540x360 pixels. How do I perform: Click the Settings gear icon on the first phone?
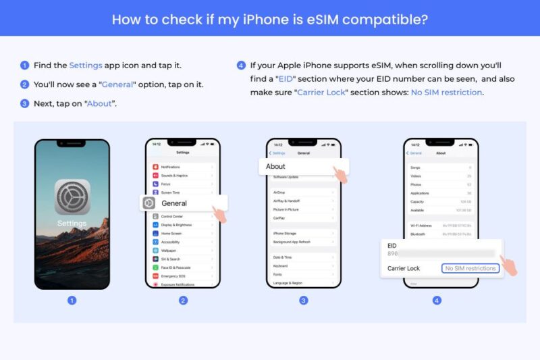pos(72,197)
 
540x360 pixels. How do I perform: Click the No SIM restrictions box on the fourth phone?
pos(471,268)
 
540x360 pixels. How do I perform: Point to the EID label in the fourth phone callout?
pos(392,245)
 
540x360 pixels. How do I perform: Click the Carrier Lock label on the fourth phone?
pos(404,268)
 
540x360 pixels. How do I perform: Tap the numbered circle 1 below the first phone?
pos(72,300)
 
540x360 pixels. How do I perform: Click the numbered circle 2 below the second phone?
pos(183,300)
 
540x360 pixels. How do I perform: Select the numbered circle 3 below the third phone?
pos(304,300)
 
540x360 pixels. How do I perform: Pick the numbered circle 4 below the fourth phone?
pos(437,300)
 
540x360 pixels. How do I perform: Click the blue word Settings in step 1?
pos(86,66)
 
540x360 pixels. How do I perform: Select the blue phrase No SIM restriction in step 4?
pos(447,92)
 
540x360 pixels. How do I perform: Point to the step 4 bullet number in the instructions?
pos(241,66)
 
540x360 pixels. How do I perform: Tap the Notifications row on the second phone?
pos(171,167)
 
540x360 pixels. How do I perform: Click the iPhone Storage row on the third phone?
pos(286,234)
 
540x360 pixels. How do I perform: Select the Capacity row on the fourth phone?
pos(419,201)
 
